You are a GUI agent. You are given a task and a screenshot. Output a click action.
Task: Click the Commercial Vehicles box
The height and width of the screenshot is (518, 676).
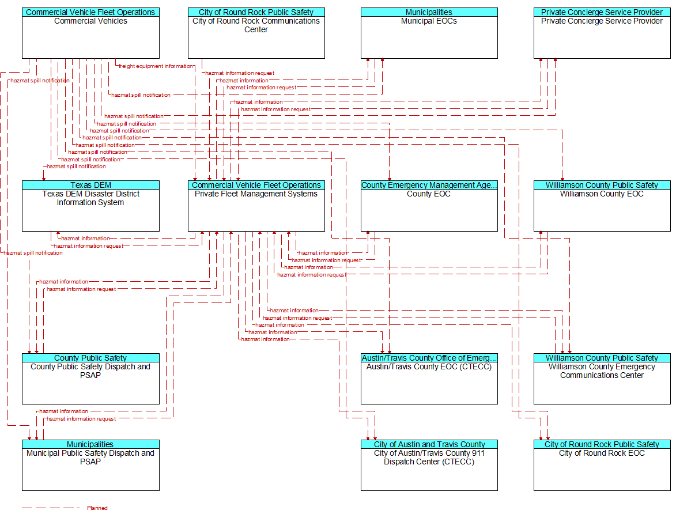[90, 33]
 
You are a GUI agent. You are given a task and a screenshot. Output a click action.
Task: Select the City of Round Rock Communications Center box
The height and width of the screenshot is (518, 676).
[256, 33]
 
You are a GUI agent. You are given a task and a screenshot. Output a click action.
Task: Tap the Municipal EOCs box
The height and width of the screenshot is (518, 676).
[429, 33]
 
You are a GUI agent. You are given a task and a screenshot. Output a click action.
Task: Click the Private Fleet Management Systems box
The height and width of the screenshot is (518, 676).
[256, 206]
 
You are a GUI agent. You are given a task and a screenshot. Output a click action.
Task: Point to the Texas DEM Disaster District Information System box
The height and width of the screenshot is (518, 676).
[90, 206]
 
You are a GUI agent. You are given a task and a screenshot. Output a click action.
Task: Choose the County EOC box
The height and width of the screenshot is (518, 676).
[429, 206]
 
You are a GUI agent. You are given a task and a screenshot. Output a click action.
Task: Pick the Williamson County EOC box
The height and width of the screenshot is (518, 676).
[602, 206]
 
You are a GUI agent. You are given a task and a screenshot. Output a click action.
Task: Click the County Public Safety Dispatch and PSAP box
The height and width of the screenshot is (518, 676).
[90, 379]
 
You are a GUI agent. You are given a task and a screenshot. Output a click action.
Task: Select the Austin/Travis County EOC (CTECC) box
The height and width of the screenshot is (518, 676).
[429, 379]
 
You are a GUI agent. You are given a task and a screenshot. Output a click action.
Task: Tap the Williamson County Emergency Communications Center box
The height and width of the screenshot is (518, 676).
[602, 379]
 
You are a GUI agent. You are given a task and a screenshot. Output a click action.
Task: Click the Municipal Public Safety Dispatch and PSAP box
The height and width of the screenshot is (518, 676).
[90, 465]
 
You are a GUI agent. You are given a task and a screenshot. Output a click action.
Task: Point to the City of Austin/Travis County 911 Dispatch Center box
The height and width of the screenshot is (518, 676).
[429, 465]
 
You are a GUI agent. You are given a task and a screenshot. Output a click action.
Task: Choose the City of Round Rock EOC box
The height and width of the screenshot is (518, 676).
[602, 465]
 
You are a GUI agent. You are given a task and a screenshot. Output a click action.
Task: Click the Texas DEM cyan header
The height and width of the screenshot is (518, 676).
[90, 185]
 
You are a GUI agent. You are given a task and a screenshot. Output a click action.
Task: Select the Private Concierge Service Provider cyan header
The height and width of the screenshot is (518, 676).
[602, 12]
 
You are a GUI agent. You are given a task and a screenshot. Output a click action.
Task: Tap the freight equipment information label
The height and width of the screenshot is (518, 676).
[156, 66]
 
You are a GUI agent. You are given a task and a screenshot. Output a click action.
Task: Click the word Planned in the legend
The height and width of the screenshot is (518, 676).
[97, 508]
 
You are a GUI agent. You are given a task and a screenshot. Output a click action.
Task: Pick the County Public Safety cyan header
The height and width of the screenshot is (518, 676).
[90, 358]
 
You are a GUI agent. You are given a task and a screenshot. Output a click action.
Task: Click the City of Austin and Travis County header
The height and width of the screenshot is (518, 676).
[429, 444]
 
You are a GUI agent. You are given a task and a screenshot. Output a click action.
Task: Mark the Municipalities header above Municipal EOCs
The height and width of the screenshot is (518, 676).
[429, 12]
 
